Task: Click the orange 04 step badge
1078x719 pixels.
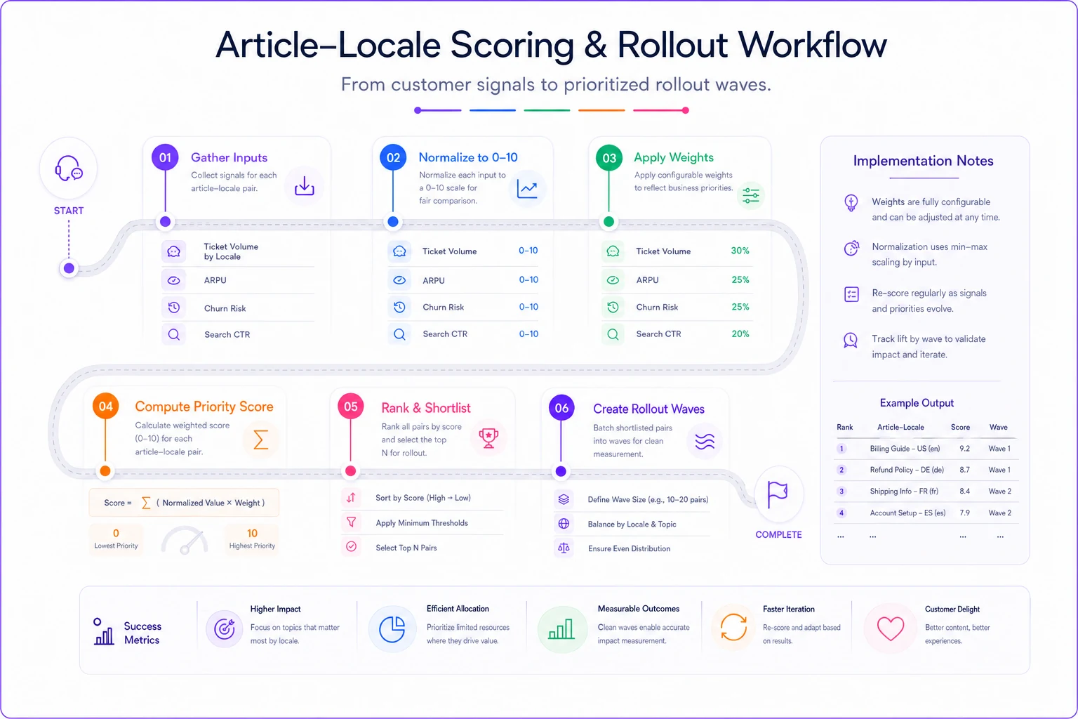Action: coord(105,406)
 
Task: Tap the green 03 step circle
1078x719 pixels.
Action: coord(608,157)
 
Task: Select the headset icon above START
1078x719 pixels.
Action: coord(68,169)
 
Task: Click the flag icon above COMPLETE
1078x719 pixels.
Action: coord(777,494)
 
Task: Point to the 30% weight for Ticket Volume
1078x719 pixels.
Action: coord(740,251)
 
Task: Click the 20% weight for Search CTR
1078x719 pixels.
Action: coord(740,334)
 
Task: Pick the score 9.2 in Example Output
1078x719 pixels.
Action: coord(964,449)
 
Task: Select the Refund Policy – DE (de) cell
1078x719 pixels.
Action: coord(907,470)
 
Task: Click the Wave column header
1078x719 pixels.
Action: coord(998,427)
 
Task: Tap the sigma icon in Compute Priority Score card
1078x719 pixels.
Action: coord(260,440)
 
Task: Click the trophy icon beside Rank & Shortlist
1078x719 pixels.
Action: coord(488,437)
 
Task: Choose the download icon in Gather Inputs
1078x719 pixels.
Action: coord(304,186)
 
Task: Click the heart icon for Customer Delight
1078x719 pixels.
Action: coord(891,628)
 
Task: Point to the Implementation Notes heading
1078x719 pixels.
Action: coord(923,161)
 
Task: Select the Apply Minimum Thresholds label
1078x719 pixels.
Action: coord(422,523)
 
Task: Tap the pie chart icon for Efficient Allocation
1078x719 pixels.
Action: coord(392,629)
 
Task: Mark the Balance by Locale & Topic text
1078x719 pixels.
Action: coord(632,524)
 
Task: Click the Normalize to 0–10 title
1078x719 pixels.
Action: coord(468,157)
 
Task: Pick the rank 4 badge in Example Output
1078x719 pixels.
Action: coord(841,513)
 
